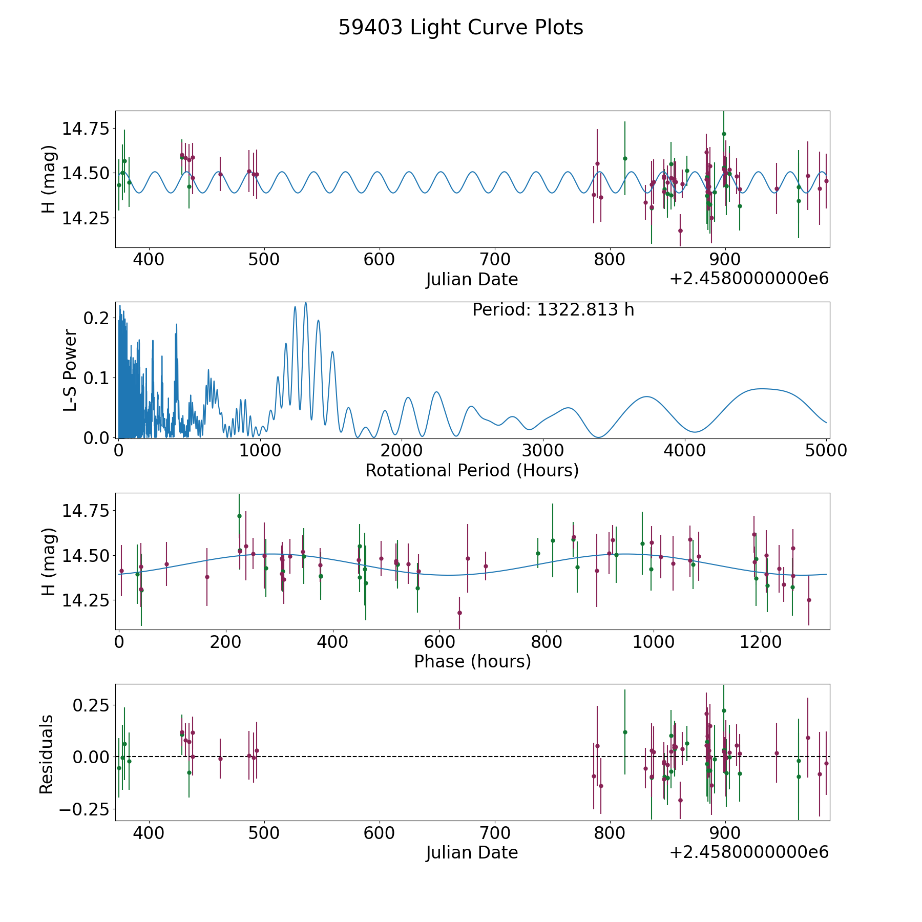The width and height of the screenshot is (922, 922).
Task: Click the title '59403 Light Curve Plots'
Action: point(460,28)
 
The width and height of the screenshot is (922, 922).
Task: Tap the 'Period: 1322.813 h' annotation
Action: point(553,310)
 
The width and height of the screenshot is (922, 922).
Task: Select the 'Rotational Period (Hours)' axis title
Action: point(472,470)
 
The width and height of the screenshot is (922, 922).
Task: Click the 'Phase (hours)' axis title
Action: point(472,661)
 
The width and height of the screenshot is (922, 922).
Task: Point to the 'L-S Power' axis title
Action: point(71,370)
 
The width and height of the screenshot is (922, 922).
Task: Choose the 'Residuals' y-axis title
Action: point(47,754)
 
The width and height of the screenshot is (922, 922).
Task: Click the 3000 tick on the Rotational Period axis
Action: point(542,451)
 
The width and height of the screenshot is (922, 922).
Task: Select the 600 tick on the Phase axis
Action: point(439,642)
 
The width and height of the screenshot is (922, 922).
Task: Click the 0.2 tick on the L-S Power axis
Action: point(96,318)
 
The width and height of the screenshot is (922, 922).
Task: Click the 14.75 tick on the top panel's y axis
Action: point(86,128)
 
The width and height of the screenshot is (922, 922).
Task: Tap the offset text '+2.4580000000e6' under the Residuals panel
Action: point(749,852)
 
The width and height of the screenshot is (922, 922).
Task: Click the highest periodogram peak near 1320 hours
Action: point(306,303)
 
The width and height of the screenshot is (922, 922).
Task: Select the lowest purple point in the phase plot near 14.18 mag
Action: point(459,613)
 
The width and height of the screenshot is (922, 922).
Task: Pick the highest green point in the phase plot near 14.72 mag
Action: point(239,516)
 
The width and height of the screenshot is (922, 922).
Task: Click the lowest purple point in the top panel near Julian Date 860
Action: point(680,230)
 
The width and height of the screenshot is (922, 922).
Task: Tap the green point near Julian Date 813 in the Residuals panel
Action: point(625,732)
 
